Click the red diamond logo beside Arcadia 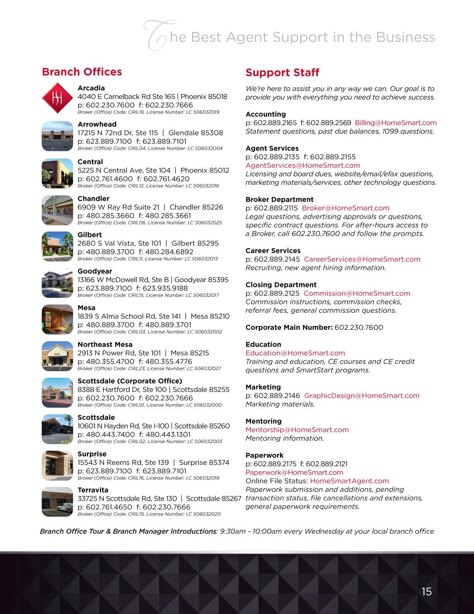(57, 98)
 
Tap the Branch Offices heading (82, 72)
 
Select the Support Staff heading (282, 73)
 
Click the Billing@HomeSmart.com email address (395, 123)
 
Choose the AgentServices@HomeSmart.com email (303, 166)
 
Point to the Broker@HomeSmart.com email (345, 208)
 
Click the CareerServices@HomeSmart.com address (362, 259)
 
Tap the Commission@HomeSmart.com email (357, 293)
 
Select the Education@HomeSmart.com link (295, 353)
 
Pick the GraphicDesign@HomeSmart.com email (362, 396)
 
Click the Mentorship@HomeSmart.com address (297, 430)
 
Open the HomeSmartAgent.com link (349, 481)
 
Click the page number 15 (426, 592)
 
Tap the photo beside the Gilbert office (57, 247)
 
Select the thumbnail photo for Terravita (57, 502)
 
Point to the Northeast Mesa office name (105, 345)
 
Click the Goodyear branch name (95, 271)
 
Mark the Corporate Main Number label (289, 328)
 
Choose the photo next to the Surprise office (57, 465)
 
